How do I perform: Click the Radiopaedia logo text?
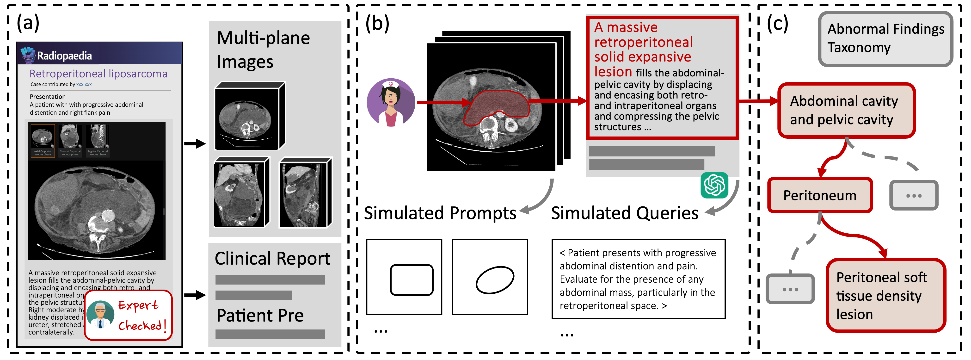tap(64, 56)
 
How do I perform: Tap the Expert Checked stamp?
tap(128, 315)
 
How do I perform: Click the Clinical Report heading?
tap(272, 259)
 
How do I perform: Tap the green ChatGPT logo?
tap(714, 185)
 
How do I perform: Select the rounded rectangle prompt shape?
tap(411, 280)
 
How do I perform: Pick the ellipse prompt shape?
tap(495, 280)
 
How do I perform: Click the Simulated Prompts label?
tap(440, 213)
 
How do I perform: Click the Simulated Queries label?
tap(625, 213)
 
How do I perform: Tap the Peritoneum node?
tap(820, 195)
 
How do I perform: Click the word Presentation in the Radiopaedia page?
tap(48, 97)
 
